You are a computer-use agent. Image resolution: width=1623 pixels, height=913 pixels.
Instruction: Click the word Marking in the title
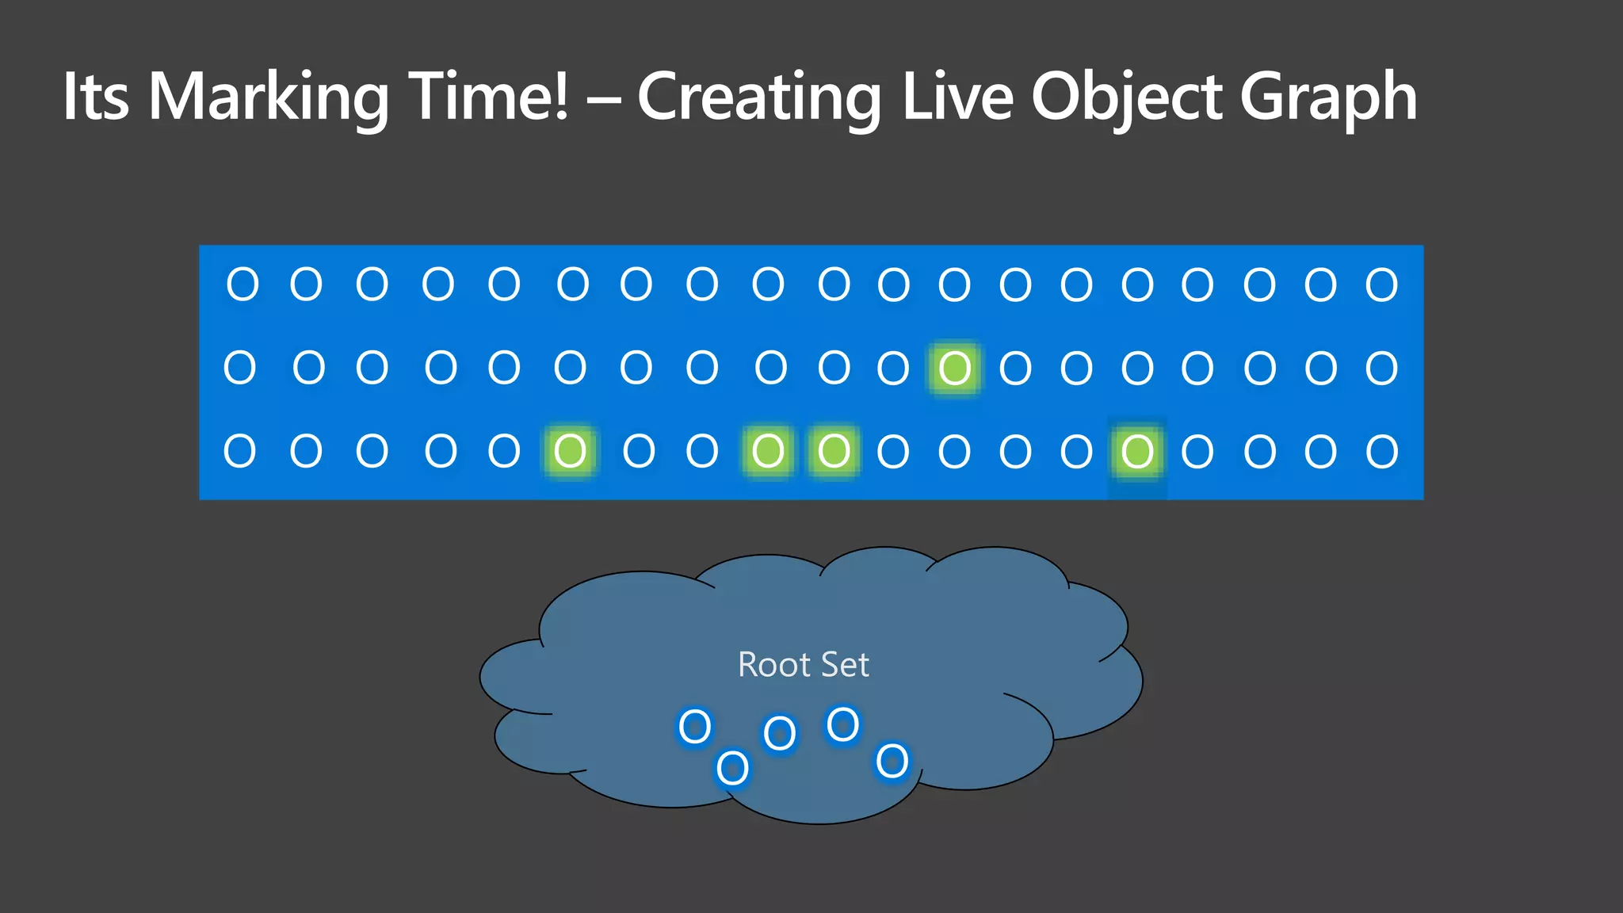pos(269,97)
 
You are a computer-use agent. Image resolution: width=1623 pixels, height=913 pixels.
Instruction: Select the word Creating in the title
pos(758,97)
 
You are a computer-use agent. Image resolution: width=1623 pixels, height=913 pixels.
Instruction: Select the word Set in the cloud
pos(845,665)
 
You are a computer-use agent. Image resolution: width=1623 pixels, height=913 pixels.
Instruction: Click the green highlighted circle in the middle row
pos(955,368)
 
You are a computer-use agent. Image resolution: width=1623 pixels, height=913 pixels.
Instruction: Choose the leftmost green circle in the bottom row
pos(570,451)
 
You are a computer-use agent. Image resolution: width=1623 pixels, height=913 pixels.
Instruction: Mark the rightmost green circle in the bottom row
pos(1137,452)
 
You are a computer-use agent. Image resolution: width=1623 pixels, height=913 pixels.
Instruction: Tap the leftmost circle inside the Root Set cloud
pos(695,726)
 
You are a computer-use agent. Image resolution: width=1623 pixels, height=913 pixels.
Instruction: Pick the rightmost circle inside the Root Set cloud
pos(892,762)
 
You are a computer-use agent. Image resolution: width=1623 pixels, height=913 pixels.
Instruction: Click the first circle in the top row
pos(242,284)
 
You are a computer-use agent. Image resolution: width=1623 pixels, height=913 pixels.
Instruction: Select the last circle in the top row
pos(1381,285)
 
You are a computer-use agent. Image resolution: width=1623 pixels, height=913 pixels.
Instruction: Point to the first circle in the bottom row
pos(239,451)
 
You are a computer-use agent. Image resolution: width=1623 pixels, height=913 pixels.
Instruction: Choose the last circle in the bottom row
pos(1381,452)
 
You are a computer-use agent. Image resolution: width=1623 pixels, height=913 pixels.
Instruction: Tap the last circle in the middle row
pos(1381,368)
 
